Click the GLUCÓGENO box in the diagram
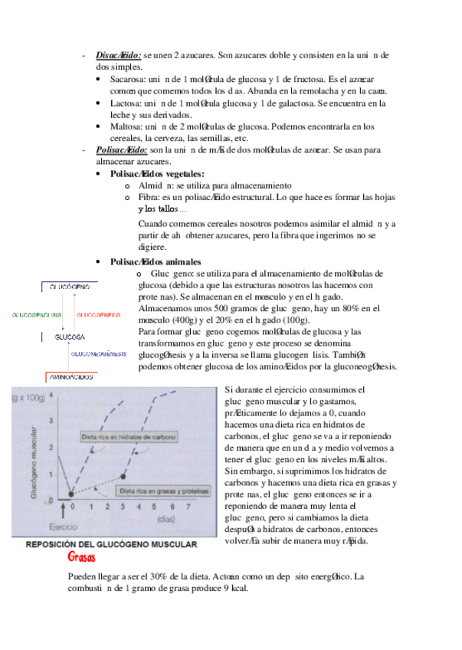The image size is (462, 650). (x=69, y=286)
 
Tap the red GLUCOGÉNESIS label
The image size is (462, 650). (x=97, y=315)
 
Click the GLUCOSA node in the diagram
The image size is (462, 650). (x=69, y=337)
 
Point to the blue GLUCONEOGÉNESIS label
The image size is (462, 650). (x=99, y=354)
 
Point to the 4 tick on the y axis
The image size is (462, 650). (x=51, y=396)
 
